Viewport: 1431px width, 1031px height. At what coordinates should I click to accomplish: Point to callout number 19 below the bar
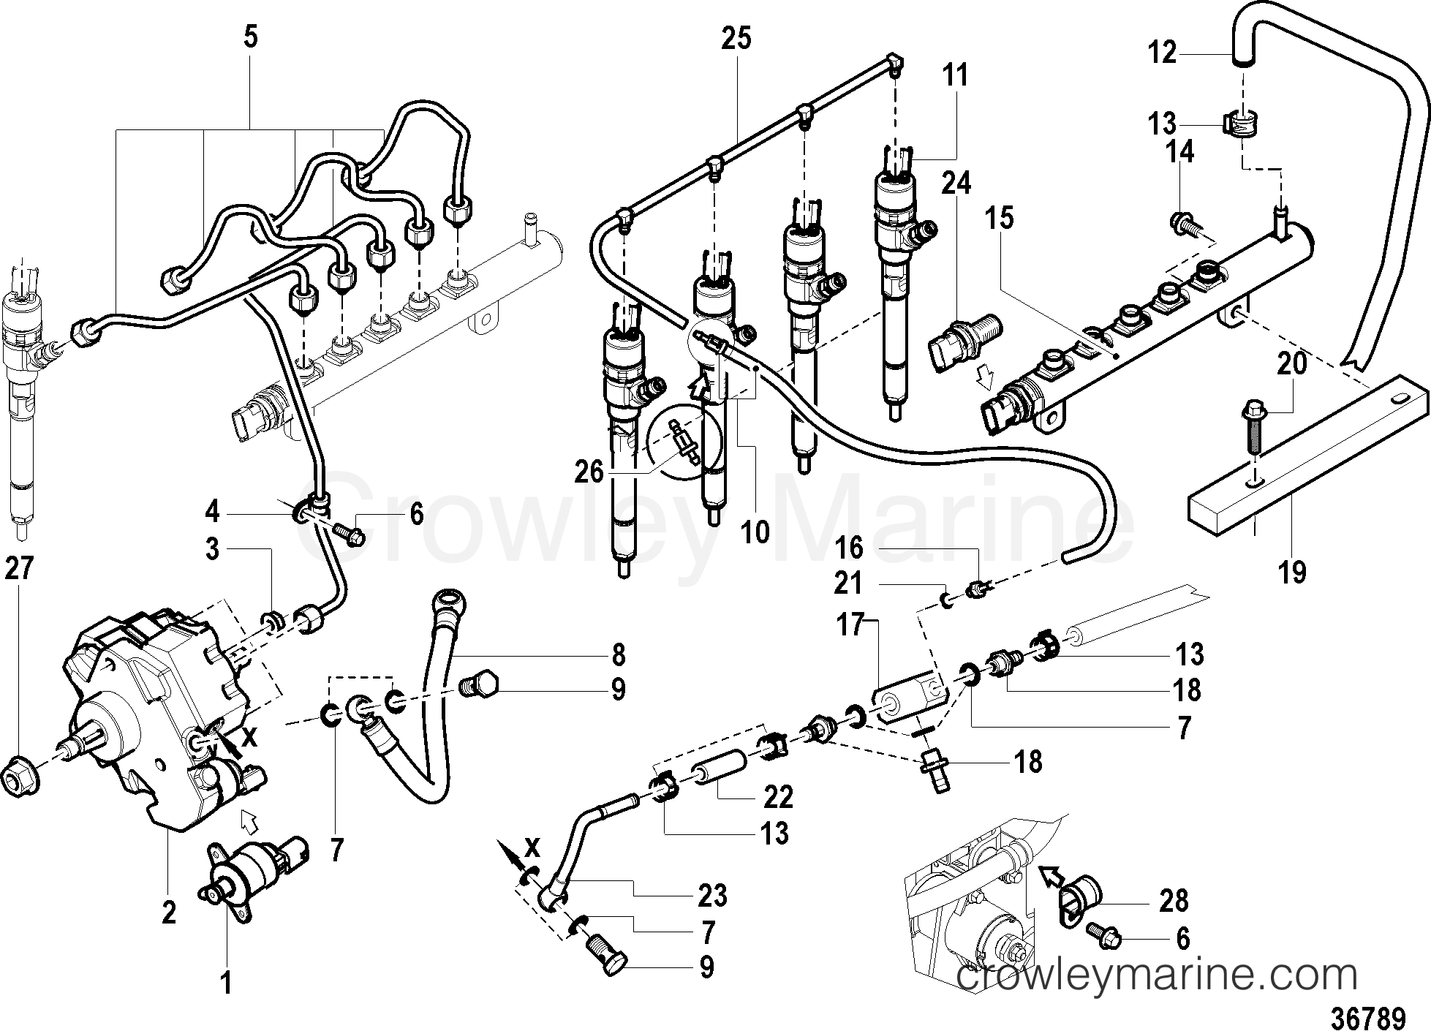(x=1292, y=572)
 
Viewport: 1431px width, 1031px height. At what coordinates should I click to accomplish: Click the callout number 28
(x=1174, y=901)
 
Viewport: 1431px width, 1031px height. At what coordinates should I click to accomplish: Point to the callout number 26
(x=589, y=472)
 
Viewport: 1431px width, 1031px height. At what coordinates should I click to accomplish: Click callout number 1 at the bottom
(x=227, y=983)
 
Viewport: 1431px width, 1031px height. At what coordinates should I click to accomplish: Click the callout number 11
(x=955, y=75)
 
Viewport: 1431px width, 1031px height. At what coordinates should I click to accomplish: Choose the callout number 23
(x=711, y=896)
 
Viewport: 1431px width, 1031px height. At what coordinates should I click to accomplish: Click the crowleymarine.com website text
(x=1156, y=976)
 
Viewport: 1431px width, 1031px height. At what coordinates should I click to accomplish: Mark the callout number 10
(x=755, y=532)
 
